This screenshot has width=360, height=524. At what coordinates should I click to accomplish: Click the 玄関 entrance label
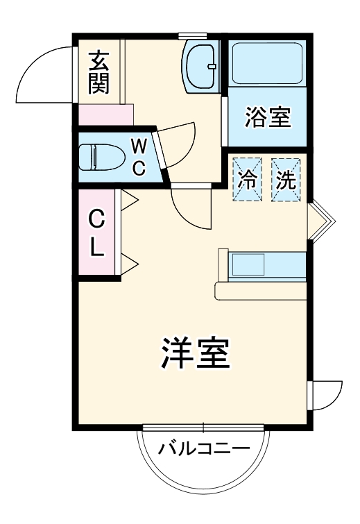pyautogui.click(x=98, y=71)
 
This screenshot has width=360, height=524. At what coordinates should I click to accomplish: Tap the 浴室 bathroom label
pyautogui.click(x=267, y=118)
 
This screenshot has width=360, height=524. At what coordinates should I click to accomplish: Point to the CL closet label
pyautogui.click(x=97, y=234)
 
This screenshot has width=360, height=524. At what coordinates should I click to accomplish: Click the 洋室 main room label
pyautogui.click(x=196, y=354)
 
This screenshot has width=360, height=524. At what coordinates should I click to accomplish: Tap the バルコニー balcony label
pyautogui.click(x=203, y=448)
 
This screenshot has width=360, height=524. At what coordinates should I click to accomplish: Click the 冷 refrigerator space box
pyautogui.click(x=248, y=180)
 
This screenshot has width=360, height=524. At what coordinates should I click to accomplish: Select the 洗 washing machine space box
pyautogui.click(x=286, y=180)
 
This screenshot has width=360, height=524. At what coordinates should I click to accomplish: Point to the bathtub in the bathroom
pyautogui.click(x=267, y=64)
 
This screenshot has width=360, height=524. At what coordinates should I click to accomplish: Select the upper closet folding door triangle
pyautogui.click(x=130, y=201)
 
